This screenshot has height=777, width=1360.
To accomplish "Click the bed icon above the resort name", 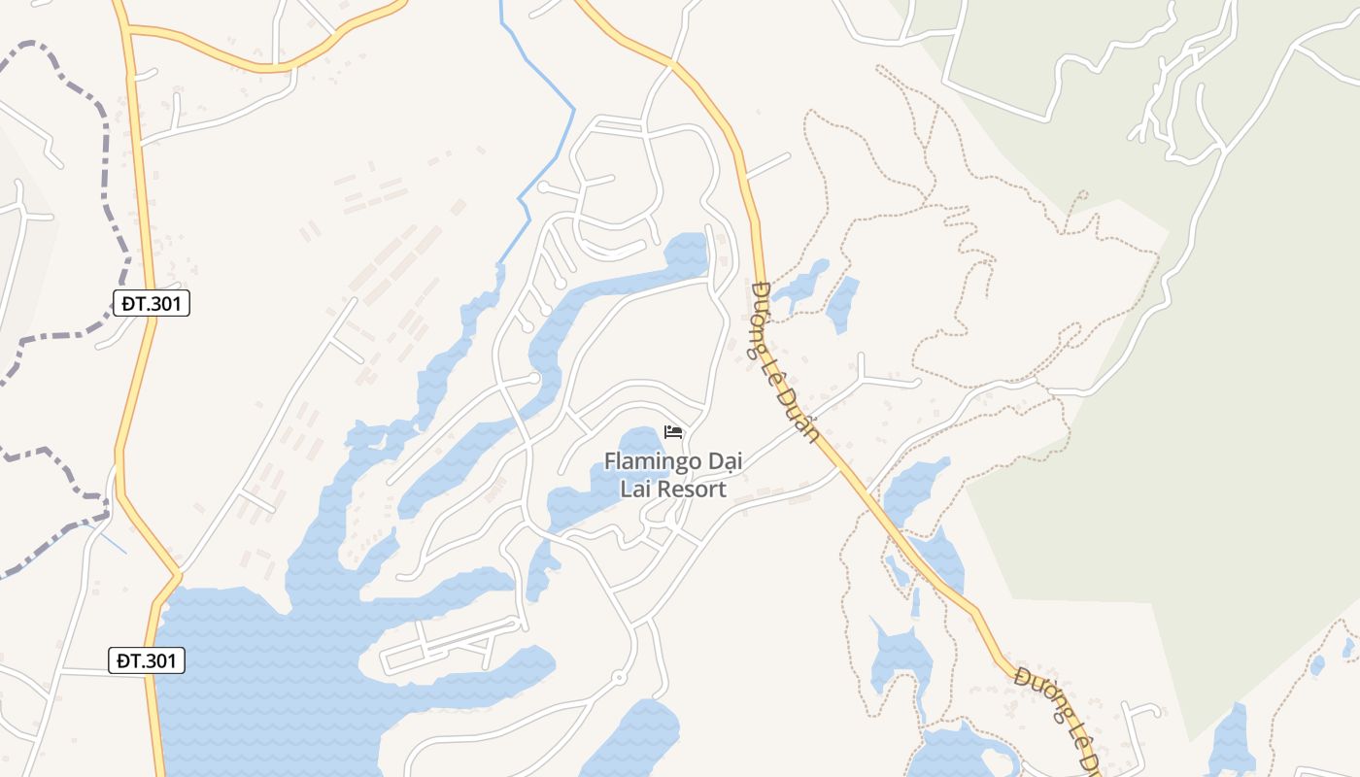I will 673,432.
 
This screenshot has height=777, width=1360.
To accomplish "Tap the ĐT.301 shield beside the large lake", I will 146,661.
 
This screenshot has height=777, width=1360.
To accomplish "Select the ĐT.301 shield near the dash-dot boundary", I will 151,304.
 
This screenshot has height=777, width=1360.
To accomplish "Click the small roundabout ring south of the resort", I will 618,677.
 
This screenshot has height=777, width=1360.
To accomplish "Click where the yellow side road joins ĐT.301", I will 128,31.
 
